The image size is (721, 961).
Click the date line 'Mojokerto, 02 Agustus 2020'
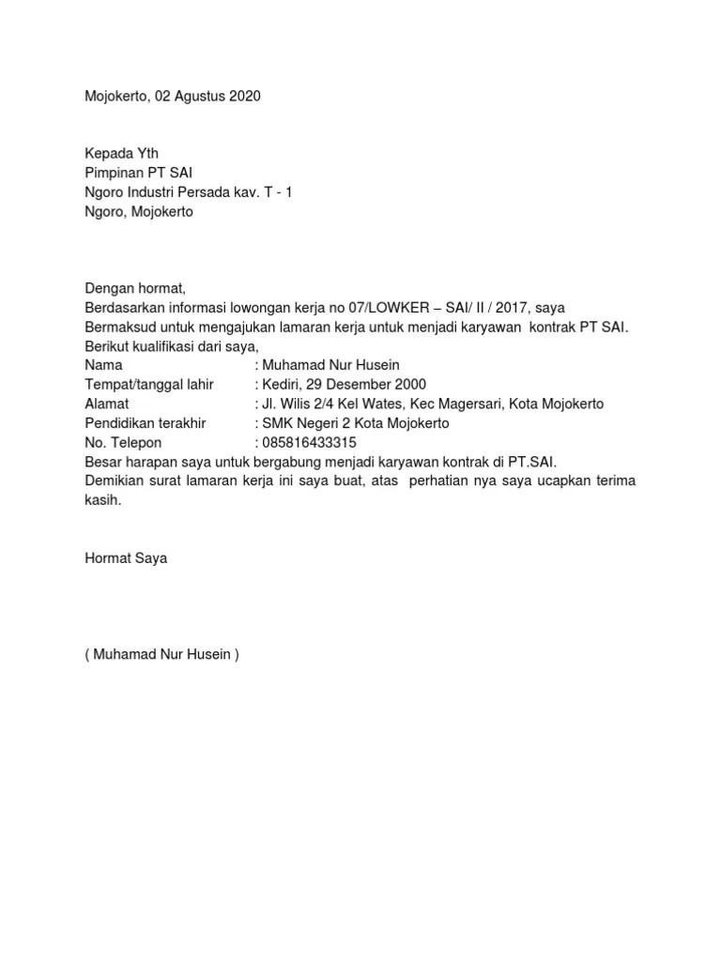[x=172, y=96]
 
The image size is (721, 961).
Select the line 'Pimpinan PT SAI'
[x=139, y=174]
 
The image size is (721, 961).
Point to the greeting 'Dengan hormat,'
[x=130, y=288]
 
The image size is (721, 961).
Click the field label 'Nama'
[x=103, y=365]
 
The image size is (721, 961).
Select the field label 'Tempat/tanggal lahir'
[x=149, y=385]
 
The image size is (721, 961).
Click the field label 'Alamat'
[x=106, y=404]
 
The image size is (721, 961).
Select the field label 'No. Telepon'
[x=123, y=443]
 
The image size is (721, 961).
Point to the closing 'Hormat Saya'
[x=126, y=558]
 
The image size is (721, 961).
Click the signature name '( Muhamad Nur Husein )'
[x=161, y=655]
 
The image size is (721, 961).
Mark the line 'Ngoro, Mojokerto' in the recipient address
[x=139, y=212]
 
